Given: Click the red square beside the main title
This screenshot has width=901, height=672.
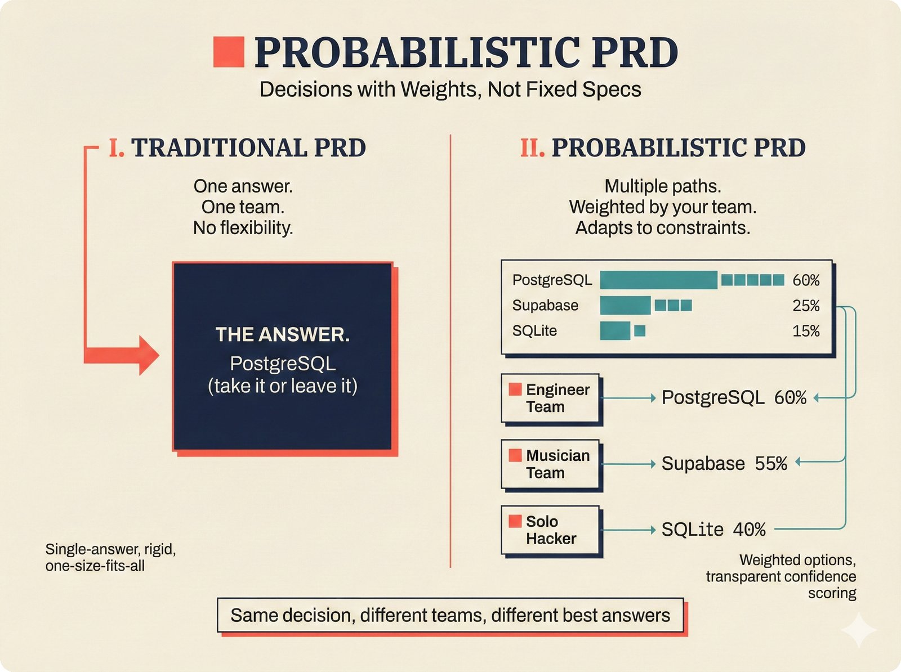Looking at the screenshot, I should coord(229,52).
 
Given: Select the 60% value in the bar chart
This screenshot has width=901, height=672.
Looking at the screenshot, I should coord(806,280).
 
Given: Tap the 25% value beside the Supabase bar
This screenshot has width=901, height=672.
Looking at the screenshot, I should coord(806,306).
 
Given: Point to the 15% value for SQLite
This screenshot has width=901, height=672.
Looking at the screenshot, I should coord(806,331).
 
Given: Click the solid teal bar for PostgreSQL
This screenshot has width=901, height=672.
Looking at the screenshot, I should coord(658,280).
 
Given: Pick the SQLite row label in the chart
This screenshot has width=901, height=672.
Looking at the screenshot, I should coord(534,331).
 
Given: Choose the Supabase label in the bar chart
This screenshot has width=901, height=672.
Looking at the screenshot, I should coord(545,306).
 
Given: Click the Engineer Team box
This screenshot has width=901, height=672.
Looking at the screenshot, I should coord(550,398).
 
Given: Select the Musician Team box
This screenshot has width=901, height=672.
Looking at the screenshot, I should coord(550,464).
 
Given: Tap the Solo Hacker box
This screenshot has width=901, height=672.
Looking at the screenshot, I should coord(550,530).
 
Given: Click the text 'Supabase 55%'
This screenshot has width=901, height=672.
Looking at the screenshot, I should coord(724,464).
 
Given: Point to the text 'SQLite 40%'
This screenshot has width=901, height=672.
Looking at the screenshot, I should coord(713,530).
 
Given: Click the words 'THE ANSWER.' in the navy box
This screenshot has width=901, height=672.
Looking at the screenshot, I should coord(283,335).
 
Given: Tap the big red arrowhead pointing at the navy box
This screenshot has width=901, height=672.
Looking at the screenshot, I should coord(148,356).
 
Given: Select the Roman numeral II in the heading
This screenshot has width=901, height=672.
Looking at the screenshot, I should coord(532,147).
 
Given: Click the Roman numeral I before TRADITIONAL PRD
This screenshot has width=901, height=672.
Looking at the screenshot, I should coord(116,148).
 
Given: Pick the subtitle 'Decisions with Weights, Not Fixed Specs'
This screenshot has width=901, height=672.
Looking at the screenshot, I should coord(450,89).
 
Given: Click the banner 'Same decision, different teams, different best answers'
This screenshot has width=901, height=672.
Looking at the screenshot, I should coord(450,615).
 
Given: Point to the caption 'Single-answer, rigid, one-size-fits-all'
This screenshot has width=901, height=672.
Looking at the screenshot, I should coord(110,557).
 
